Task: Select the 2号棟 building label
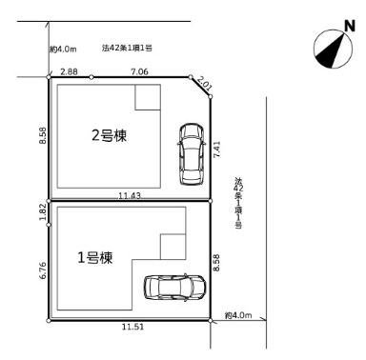point(110,135)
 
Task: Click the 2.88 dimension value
point(69,71)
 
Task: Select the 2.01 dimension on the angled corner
point(206,89)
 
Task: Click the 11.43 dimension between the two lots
point(132,195)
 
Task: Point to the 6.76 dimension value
point(43,271)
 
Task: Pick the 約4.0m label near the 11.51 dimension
point(238,315)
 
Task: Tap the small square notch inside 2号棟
point(149,97)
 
